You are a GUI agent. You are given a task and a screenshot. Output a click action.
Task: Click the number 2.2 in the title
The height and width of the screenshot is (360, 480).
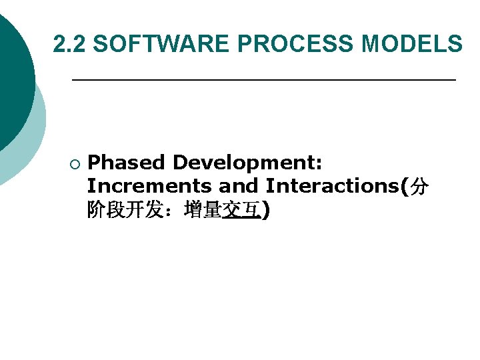70,45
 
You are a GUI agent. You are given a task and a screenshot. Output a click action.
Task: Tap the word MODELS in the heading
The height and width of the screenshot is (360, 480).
411,45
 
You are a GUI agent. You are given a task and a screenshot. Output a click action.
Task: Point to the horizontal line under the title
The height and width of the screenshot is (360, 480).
263,80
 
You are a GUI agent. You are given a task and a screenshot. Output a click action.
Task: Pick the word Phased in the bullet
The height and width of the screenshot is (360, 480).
126,163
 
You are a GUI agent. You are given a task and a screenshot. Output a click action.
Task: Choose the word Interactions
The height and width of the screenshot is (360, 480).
331,187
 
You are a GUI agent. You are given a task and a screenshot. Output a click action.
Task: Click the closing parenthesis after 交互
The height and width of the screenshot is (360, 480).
266,211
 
